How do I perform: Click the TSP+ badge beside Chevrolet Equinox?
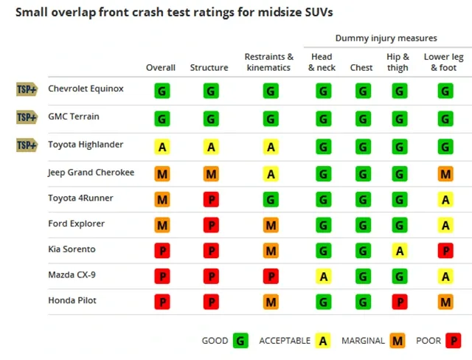(x=27, y=89)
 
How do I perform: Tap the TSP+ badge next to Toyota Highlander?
(x=27, y=145)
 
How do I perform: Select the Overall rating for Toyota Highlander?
(x=162, y=147)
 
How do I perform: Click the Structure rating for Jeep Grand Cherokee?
(x=211, y=173)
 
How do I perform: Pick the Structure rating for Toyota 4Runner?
(x=211, y=199)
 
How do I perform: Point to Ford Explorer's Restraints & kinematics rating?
(x=271, y=225)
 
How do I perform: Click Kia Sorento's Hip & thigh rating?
(x=400, y=250)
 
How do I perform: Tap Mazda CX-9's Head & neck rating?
(x=324, y=276)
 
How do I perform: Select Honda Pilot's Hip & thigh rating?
(x=400, y=302)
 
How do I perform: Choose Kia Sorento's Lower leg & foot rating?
(x=445, y=250)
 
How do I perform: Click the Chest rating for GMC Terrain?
(x=363, y=119)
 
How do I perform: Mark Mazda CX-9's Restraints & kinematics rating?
(x=271, y=276)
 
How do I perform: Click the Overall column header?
(x=161, y=67)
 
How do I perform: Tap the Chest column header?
(x=361, y=67)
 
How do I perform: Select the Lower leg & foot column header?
(x=444, y=62)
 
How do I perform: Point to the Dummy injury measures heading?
(x=386, y=38)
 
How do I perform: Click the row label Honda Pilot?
(x=72, y=300)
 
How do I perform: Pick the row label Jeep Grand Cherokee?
(x=91, y=173)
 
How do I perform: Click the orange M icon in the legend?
(x=398, y=340)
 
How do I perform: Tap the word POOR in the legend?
(x=428, y=340)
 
